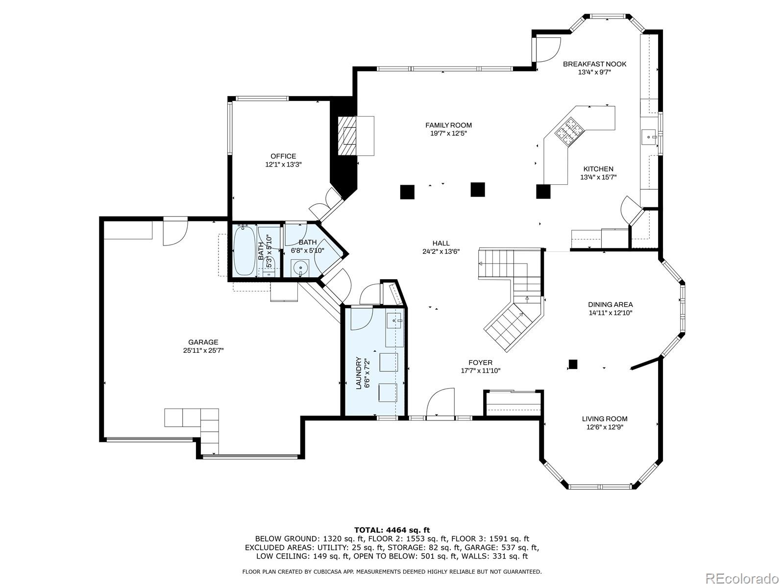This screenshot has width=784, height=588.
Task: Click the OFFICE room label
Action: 283,156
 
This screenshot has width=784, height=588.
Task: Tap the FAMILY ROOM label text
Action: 448,125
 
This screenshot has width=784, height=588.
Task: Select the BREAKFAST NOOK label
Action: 594,64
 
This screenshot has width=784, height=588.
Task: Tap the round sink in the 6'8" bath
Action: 299,268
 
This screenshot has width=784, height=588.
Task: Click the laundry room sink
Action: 395,321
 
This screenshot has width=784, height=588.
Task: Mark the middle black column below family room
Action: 478,190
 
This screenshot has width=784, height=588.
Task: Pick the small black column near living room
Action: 573,364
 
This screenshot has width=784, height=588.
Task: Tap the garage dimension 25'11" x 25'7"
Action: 203,350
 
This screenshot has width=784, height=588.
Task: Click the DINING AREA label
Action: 610,304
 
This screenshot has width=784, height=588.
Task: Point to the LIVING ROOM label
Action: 604,419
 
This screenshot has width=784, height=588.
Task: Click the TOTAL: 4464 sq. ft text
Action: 392,530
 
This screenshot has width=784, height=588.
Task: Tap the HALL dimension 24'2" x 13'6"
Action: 441,251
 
